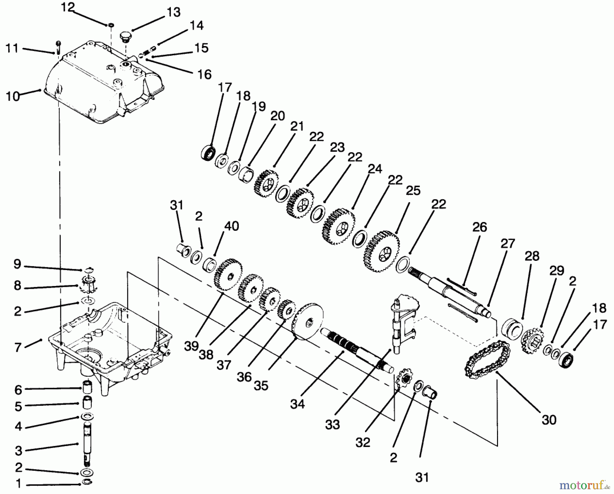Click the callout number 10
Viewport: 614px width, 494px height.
(x=13, y=96)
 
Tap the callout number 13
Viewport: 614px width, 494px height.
(x=174, y=13)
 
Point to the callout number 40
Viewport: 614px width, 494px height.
(x=232, y=226)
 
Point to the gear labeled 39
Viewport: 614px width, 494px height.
(x=228, y=275)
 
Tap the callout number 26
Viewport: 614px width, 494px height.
(x=480, y=227)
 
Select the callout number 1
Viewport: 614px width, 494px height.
(x=19, y=483)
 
